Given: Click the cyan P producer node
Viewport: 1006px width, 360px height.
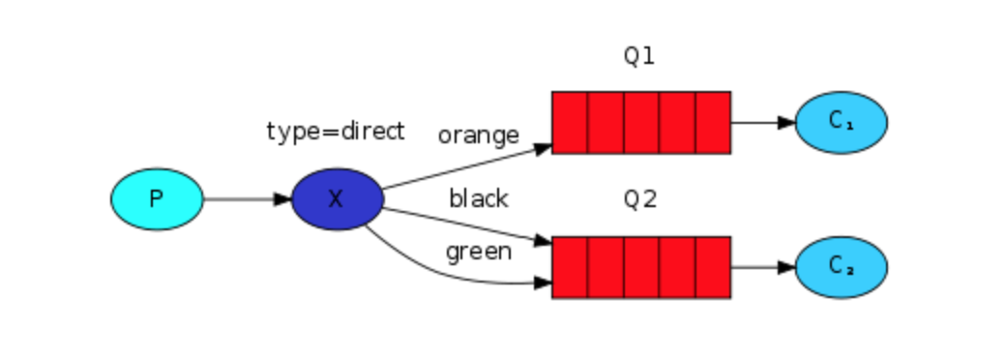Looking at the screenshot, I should [x=157, y=199].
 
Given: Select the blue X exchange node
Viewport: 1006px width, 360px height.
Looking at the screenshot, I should [x=336, y=199].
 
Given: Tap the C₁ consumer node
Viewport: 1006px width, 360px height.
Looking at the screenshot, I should [x=841, y=123].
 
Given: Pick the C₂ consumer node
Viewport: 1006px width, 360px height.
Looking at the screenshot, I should [x=841, y=267].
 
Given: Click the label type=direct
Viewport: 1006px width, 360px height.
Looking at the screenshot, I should [x=335, y=132].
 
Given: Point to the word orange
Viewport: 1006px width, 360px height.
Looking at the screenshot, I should [x=478, y=135].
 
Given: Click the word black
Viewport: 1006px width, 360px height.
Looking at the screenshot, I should [x=478, y=198].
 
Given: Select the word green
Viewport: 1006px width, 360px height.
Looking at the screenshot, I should [x=478, y=252].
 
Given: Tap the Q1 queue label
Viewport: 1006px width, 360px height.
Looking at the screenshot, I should [x=639, y=56].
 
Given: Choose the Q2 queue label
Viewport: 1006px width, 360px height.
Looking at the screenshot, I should [x=639, y=199].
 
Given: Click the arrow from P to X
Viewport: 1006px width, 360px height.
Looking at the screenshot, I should [x=247, y=199].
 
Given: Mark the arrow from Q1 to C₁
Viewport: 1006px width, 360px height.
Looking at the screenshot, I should [x=762, y=123].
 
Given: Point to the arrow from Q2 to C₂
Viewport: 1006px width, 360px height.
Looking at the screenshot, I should [x=762, y=267].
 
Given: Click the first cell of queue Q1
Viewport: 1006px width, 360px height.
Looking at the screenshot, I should [x=570, y=123].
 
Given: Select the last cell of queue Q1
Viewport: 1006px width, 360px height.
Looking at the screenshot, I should [x=713, y=123].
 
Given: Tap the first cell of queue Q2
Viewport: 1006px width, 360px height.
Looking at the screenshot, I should [x=570, y=267].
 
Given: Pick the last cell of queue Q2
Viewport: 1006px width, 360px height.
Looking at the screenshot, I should [x=713, y=267].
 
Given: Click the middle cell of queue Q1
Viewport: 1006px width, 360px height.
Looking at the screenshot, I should [x=641, y=123].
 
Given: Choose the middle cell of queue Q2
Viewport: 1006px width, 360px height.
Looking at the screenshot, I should [x=641, y=267].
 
